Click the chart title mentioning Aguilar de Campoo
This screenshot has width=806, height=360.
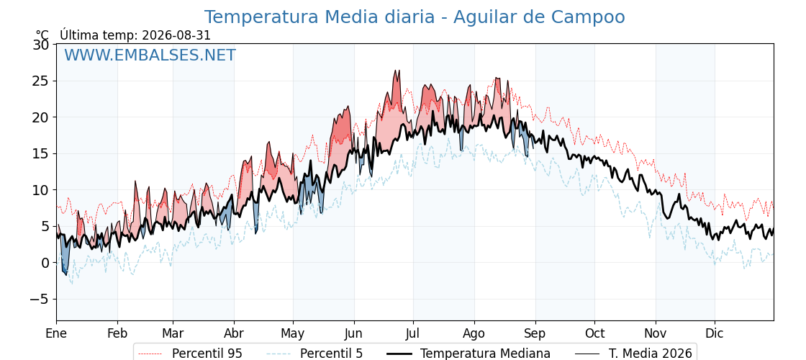coord(415,17)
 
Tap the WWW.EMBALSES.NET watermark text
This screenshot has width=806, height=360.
coord(150,55)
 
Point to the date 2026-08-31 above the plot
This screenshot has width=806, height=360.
coord(176,35)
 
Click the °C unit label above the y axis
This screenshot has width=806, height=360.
coord(42,35)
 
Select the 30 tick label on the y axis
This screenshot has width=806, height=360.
coord(41,45)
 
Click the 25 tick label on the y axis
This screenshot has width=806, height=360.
coord(41,81)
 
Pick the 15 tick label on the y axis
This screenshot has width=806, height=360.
coord(41,154)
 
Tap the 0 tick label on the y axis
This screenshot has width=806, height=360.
coord(45,263)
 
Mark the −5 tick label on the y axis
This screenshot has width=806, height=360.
coord(38,300)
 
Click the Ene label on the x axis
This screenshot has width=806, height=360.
coord(56,334)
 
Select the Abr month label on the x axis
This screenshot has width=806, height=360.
coord(234,334)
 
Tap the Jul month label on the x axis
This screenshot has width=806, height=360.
coord(413,334)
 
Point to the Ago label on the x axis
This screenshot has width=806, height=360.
coord(474,334)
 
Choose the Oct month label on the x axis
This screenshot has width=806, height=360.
coord(594,334)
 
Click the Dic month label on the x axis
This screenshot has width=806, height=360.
coord(715,334)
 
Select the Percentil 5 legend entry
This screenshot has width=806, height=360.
coord(314,354)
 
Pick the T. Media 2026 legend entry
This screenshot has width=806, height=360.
coord(633,354)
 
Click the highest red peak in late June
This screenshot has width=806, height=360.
coord(396,71)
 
